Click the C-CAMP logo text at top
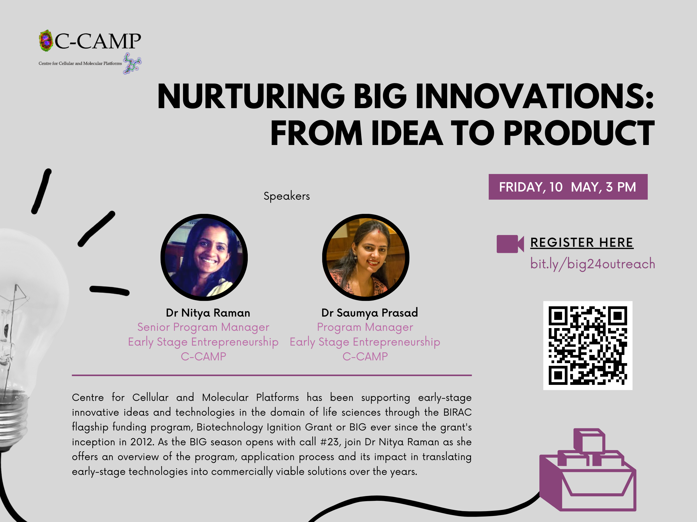click(98, 41)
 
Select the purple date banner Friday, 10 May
click(568, 187)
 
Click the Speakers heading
click(287, 196)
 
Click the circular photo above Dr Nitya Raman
click(204, 257)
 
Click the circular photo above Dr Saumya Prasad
click(366, 257)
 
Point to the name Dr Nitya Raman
click(208, 313)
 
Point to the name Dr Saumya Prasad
click(370, 313)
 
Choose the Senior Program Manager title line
click(203, 327)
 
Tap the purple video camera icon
click(510, 244)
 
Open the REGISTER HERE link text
click(582, 243)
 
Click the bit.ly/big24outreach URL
click(593, 264)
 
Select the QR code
click(588, 346)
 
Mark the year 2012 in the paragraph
click(142, 442)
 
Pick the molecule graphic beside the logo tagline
click(132, 63)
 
